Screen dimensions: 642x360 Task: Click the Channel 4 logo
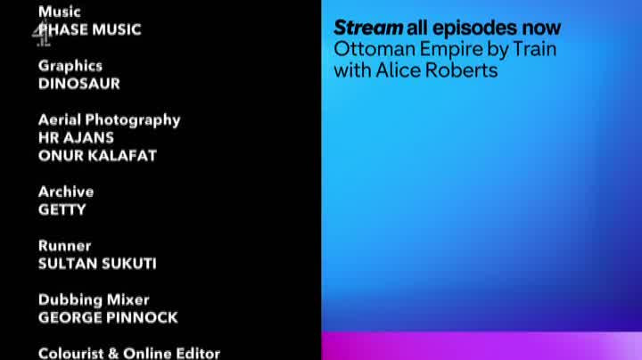[42, 34]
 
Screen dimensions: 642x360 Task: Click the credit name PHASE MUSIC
[90, 29]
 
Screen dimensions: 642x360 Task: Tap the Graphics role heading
[70, 66]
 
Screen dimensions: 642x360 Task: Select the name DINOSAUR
[79, 84]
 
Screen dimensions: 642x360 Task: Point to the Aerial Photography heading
[110, 120]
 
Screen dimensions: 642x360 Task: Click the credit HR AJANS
[76, 138]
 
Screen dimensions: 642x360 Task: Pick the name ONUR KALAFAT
[97, 155]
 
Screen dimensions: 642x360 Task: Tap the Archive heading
[66, 192]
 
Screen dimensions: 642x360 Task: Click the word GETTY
[62, 209]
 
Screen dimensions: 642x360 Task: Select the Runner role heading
[65, 245]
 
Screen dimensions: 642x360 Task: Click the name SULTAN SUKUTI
[97, 264]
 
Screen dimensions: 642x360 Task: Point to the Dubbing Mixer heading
[94, 300]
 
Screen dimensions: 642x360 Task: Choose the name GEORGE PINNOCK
[108, 317]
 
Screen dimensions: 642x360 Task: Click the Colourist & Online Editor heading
[129, 354]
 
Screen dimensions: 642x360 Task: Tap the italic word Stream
[368, 28]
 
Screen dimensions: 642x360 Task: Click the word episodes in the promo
[475, 29]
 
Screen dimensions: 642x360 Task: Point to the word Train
[535, 49]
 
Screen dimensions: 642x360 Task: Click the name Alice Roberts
[437, 70]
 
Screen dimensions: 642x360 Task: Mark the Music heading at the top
[60, 12]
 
